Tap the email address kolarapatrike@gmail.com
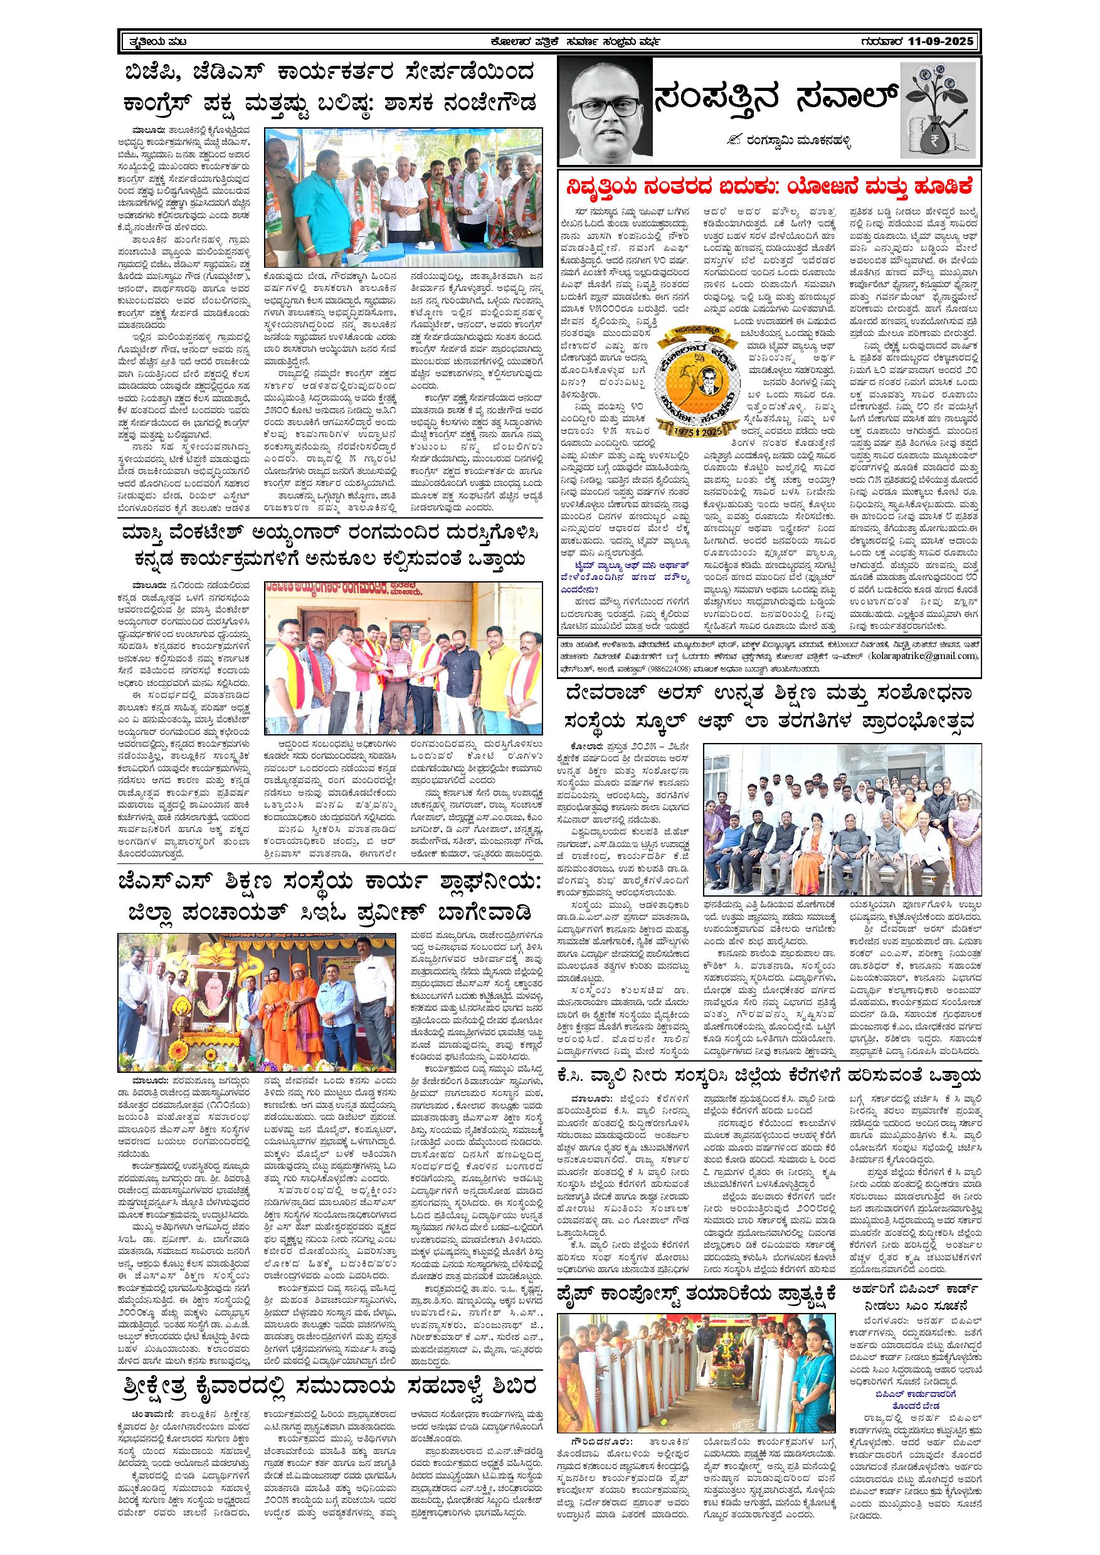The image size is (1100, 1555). (x=930, y=656)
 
